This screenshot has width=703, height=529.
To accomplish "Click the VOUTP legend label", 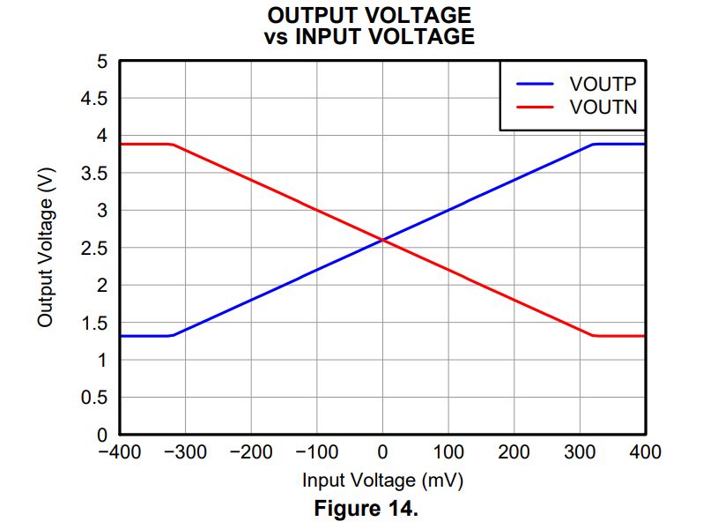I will (x=603, y=85).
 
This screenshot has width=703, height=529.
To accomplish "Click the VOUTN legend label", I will (x=603, y=108).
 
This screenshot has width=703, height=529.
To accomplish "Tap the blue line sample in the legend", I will (x=535, y=85).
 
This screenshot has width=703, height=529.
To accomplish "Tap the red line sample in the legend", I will (x=535, y=108).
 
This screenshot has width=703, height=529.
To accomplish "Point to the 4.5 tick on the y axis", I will (x=93, y=99).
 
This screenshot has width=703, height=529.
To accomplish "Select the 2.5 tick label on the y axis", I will (x=93, y=249).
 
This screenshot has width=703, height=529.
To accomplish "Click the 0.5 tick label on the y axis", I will (x=93, y=398).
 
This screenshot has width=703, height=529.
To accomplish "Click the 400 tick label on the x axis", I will (x=645, y=453).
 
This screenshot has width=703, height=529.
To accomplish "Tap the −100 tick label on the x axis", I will (x=316, y=453).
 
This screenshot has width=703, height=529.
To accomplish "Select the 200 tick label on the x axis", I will (x=514, y=453).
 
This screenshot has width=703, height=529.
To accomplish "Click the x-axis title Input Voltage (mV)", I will (x=382, y=481).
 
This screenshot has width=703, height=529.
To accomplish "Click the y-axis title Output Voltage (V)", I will (x=46, y=248).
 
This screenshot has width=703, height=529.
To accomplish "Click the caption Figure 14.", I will (x=369, y=509).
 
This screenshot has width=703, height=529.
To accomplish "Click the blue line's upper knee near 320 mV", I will (x=594, y=145).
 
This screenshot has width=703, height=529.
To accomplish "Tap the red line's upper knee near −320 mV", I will (x=172, y=145).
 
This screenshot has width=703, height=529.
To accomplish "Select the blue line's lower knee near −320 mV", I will (x=172, y=335).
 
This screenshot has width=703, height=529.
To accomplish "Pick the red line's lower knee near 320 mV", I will (x=594, y=335).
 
